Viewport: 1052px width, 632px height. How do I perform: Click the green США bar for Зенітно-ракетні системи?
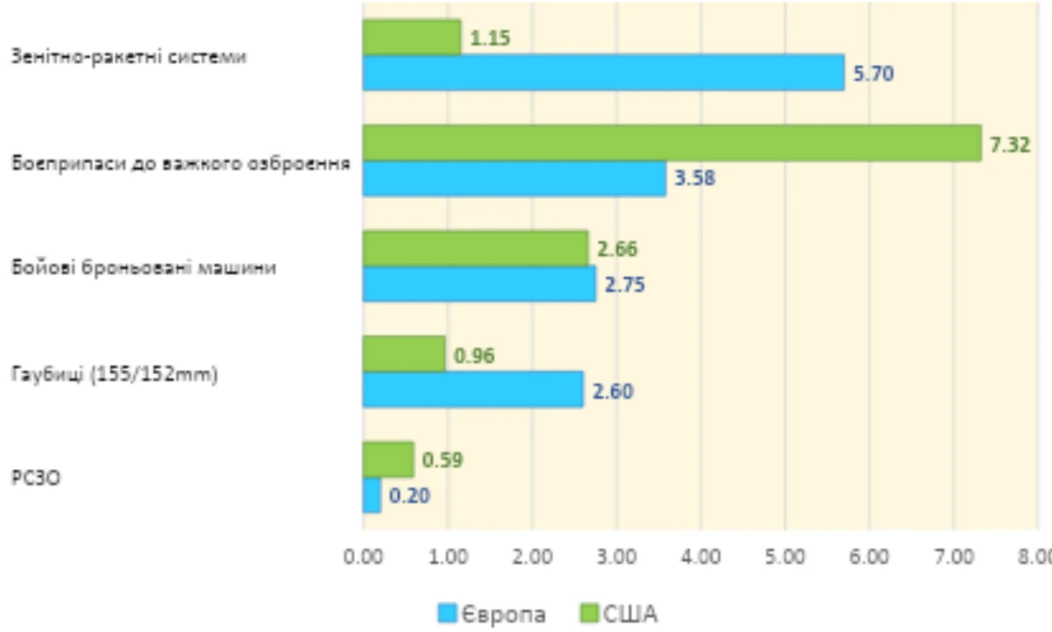click(x=411, y=37)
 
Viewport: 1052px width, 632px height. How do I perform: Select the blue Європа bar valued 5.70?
click(x=603, y=73)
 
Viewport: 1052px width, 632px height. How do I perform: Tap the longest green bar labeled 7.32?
click(x=672, y=142)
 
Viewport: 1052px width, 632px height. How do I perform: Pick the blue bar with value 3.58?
click(x=514, y=178)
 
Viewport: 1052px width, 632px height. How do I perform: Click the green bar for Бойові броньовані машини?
click(x=475, y=248)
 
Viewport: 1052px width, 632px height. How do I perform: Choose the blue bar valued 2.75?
click(x=479, y=284)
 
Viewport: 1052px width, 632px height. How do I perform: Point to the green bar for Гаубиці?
click(x=403, y=353)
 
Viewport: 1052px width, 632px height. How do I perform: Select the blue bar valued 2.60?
click(x=473, y=389)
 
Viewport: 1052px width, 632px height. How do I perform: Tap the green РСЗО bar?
click(x=387, y=459)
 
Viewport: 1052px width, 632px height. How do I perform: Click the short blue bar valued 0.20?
click(x=372, y=495)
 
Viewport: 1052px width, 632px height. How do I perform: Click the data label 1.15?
click(x=489, y=38)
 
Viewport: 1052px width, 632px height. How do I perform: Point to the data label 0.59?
click(x=443, y=459)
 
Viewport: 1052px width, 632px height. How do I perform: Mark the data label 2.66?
click(x=617, y=249)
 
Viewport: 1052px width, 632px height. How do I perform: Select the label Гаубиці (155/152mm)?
click(x=115, y=374)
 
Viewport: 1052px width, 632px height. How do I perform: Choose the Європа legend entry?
click(x=492, y=614)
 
